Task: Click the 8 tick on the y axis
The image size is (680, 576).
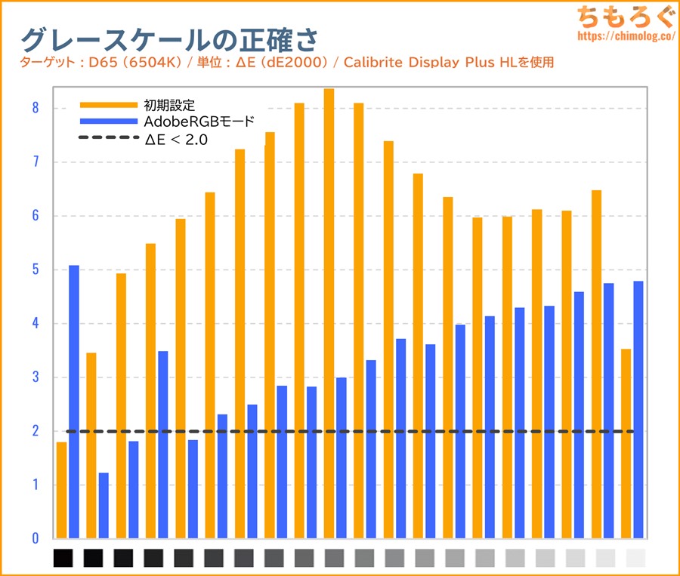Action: pyautogui.click(x=35, y=108)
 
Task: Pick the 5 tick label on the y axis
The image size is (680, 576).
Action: pyautogui.click(x=35, y=270)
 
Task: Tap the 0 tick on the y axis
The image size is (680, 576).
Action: pyautogui.click(x=35, y=539)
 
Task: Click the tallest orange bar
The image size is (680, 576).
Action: pyautogui.click(x=329, y=313)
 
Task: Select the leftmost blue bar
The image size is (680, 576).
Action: pyautogui.click(x=74, y=402)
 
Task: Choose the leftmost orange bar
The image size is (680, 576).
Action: pyautogui.click(x=61, y=490)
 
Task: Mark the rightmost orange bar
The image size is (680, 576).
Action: pyautogui.click(x=626, y=443)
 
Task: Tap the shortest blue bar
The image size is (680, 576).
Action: pyautogui.click(x=104, y=506)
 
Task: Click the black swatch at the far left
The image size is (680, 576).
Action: pyautogui.click(x=63, y=559)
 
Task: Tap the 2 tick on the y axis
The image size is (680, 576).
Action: pyautogui.click(x=35, y=431)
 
